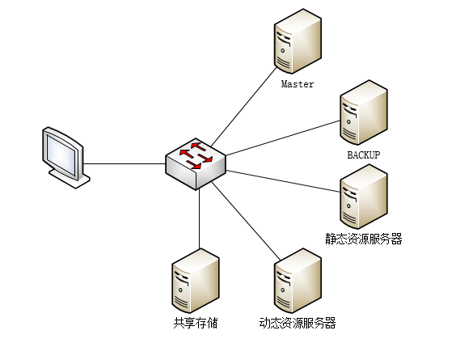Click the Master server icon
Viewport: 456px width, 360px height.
click(298, 41)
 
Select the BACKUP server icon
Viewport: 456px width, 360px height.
click(364, 112)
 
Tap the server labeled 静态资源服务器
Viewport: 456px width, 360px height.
click(364, 197)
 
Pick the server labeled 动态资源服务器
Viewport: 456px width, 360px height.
click(298, 281)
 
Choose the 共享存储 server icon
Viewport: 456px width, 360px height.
click(196, 281)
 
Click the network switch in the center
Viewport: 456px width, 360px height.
click(196, 164)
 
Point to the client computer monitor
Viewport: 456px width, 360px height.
click(65, 158)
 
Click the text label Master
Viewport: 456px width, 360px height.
click(298, 84)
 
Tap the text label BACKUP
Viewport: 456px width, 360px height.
click(364, 155)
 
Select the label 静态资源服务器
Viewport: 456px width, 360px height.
click(364, 239)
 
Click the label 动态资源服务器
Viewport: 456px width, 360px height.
click(298, 323)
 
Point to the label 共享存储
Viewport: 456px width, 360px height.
click(196, 323)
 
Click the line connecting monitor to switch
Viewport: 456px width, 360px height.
click(125, 164)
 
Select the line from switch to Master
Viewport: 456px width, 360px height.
click(243, 107)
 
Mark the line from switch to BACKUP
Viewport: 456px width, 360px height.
click(283, 138)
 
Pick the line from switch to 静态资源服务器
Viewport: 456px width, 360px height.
click(283, 181)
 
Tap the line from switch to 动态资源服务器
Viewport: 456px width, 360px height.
click(246, 221)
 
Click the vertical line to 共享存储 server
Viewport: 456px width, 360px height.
click(200, 219)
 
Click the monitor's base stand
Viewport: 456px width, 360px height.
click(70, 178)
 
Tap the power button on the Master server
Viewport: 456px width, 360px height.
click(283, 51)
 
